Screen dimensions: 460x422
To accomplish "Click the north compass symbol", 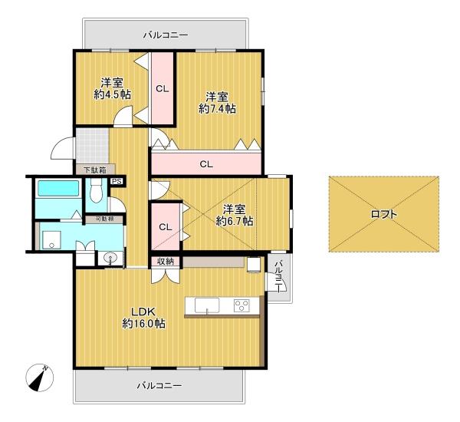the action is pyautogui.click(x=40, y=378).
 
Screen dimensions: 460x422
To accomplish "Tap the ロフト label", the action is pyautogui.click(x=384, y=214).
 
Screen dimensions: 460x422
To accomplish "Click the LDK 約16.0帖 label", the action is pyautogui.click(x=143, y=318).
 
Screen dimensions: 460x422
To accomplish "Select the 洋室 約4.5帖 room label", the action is pyautogui.click(x=113, y=89).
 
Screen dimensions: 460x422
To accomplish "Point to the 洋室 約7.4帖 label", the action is pyautogui.click(x=217, y=103).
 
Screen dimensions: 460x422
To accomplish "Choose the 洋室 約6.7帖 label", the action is pyautogui.click(x=234, y=216).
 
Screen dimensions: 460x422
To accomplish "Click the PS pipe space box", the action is pyautogui.click(x=117, y=182).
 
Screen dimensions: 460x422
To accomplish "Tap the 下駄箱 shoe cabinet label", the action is pyautogui.click(x=95, y=170).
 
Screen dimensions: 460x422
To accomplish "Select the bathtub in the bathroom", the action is pyautogui.click(x=58, y=188).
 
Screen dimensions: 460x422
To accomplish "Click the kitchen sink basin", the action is pyautogui.click(x=207, y=305).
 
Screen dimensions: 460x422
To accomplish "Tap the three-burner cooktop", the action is pyautogui.click(x=242, y=305).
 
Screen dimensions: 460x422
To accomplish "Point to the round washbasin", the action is pyautogui.click(x=110, y=258).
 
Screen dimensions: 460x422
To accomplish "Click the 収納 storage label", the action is pyautogui.click(x=166, y=262).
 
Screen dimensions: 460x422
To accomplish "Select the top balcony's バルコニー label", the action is pyautogui.click(x=166, y=35).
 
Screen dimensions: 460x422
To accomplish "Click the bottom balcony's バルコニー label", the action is pyautogui.click(x=159, y=385).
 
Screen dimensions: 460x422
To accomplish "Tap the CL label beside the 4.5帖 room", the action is pyautogui.click(x=163, y=89).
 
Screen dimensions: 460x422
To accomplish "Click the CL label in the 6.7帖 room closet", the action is pyautogui.click(x=166, y=227).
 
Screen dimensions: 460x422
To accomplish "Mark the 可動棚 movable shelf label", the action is pyautogui.click(x=104, y=219).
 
